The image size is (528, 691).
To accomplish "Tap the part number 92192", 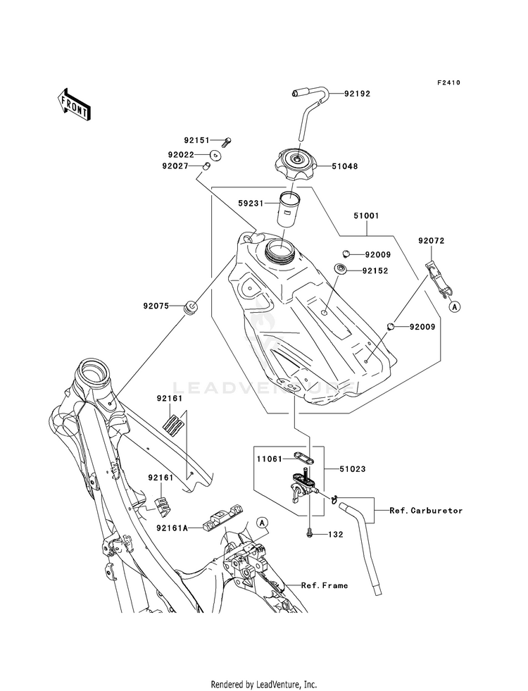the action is (357, 94).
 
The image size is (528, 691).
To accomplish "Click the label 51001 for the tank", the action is (366, 216).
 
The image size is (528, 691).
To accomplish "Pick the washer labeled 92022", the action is (215, 155).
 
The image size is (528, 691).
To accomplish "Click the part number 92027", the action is (175, 166).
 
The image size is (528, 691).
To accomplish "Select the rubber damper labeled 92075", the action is (191, 306).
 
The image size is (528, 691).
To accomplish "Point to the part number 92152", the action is (375, 270).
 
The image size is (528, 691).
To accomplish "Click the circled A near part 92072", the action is (455, 306).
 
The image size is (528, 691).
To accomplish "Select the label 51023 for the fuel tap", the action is (352, 469).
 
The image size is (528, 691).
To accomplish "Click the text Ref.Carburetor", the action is (426, 510).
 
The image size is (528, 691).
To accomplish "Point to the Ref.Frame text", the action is (325, 585).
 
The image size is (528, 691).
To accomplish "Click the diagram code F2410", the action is (448, 82).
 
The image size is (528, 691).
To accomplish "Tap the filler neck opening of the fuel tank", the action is (280, 249).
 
